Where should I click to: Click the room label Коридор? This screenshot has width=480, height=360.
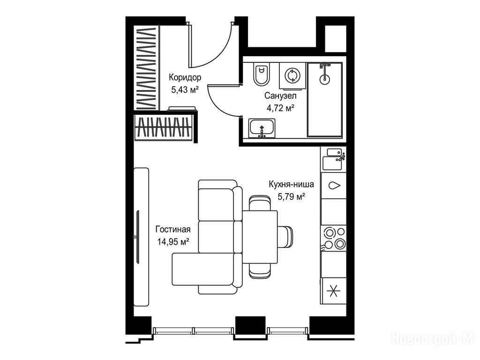(x=185, y=77)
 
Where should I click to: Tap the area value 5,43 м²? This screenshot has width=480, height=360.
(x=185, y=90)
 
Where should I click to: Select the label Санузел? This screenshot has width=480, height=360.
(x=280, y=96)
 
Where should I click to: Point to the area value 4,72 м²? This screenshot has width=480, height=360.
(x=280, y=108)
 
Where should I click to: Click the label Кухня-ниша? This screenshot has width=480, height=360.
(x=291, y=184)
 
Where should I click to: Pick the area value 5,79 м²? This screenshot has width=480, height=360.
(x=291, y=196)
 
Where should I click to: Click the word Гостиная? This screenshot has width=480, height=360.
(x=173, y=229)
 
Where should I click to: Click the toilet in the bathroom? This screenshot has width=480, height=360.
(x=261, y=74)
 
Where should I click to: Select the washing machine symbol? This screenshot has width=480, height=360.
(x=292, y=75)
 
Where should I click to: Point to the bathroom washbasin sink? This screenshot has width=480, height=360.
(x=262, y=128)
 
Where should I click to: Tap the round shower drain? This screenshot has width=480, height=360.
(x=324, y=79)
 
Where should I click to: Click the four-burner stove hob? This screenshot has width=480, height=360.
(x=333, y=238)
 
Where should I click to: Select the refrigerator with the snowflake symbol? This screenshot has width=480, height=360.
(x=333, y=291)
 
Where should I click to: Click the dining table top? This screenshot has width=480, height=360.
(x=260, y=237)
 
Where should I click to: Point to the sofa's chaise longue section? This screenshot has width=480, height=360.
(x=203, y=269)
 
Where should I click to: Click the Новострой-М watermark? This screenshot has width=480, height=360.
(x=433, y=339)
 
